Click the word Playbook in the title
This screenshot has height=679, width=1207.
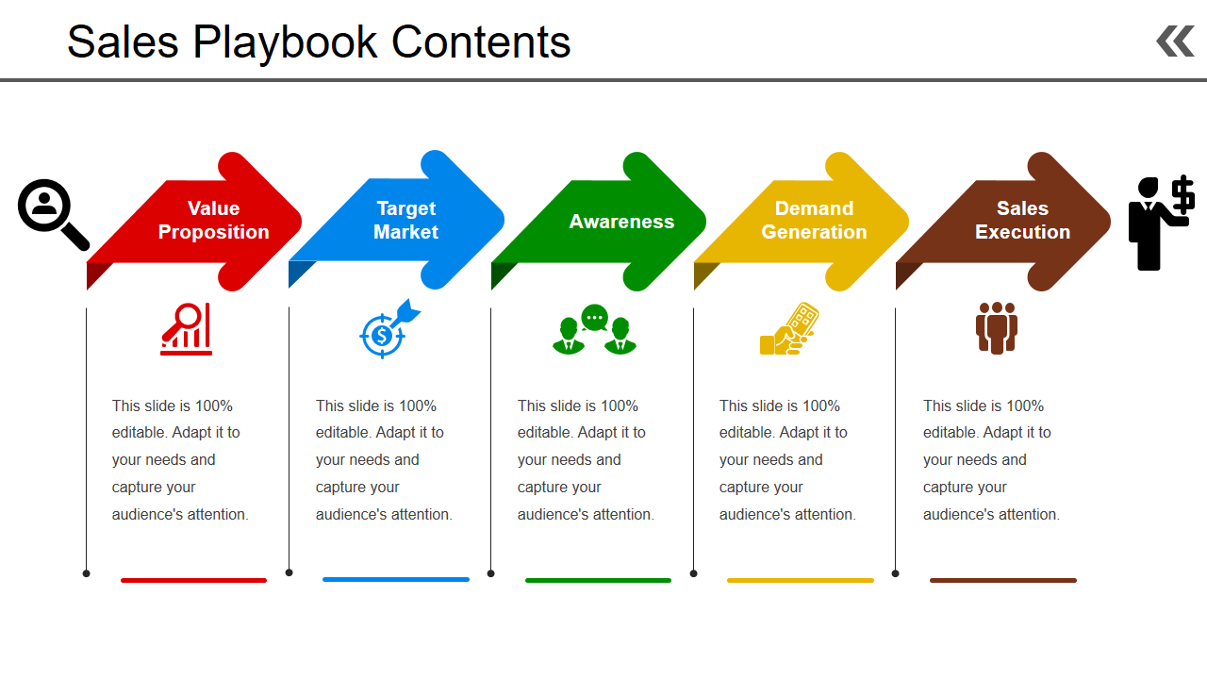(285, 43)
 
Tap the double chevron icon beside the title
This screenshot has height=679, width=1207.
(1175, 41)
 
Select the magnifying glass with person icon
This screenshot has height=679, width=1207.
(53, 214)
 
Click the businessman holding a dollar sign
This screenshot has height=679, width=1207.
(1161, 223)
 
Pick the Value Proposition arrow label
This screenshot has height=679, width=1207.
(213, 220)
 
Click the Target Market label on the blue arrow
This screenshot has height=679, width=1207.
(405, 220)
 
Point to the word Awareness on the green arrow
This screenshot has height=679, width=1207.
(621, 222)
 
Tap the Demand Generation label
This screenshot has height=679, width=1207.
(814, 220)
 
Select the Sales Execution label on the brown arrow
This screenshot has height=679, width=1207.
(1023, 220)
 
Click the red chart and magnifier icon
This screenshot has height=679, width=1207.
(186, 329)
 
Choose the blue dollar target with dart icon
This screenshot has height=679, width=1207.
(389, 329)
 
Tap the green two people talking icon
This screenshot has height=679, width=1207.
(594, 329)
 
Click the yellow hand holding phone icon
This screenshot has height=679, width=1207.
(789, 329)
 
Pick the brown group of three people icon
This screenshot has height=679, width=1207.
(997, 327)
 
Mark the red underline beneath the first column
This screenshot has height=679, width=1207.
(194, 580)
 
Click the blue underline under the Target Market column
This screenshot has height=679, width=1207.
(396, 579)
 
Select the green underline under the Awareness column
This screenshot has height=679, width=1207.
(598, 580)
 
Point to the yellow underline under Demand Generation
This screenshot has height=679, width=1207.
(801, 580)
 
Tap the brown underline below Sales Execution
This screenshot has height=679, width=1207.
(1003, 580)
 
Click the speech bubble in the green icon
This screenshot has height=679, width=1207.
(594, 318)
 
